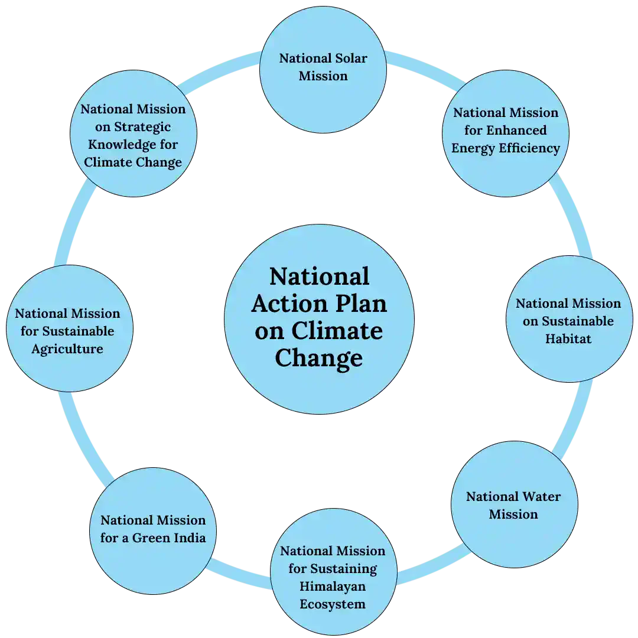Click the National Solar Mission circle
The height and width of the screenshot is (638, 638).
tap(323, 70)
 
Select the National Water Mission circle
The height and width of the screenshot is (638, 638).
tap(515, 504)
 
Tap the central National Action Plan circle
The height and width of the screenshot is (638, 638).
tap(320, 320)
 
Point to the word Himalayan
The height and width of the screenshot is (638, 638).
tap(333, 587)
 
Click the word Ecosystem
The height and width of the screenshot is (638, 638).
tap(333, 604)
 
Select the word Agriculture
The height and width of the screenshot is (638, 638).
tap(67, 349)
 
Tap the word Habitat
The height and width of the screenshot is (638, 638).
tap(568, 338)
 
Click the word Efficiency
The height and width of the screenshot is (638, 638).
tap(529, 148)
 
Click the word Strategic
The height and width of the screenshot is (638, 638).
tap(142, 127)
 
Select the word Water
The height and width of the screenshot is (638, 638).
tap(542, 496)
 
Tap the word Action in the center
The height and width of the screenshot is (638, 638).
tap(289, 304)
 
